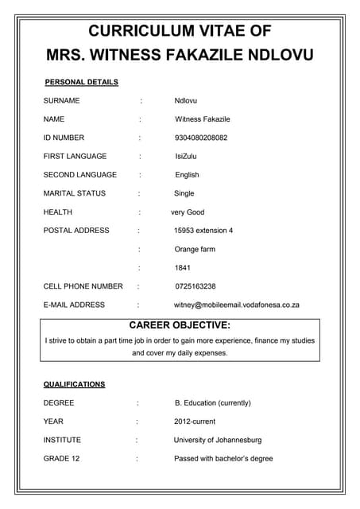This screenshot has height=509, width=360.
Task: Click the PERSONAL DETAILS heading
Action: point(81,82)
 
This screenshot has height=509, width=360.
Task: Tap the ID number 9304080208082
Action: point(201,138)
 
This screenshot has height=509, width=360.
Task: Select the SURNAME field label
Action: point(61,101)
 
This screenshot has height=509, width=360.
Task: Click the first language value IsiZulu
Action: point(187,156)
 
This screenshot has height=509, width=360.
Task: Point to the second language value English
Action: point(187,174)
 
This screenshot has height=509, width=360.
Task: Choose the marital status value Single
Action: point(184,193)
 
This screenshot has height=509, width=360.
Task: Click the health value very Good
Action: point(188,212)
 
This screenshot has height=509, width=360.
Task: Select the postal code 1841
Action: point(182,267)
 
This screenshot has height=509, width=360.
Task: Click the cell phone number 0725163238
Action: point(195,286)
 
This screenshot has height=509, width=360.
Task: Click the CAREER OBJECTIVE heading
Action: point(180,325)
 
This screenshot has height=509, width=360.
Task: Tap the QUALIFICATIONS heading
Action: point(74,384)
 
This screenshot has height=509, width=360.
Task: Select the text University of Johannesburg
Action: point(217,440)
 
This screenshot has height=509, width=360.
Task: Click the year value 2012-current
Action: point(195,421)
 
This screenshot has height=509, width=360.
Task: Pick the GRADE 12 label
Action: point(61,458)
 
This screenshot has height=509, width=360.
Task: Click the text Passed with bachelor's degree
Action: point(223,458)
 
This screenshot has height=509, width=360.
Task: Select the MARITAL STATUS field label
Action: point(74,193)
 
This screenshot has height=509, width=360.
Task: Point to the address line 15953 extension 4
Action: point(203,231)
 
